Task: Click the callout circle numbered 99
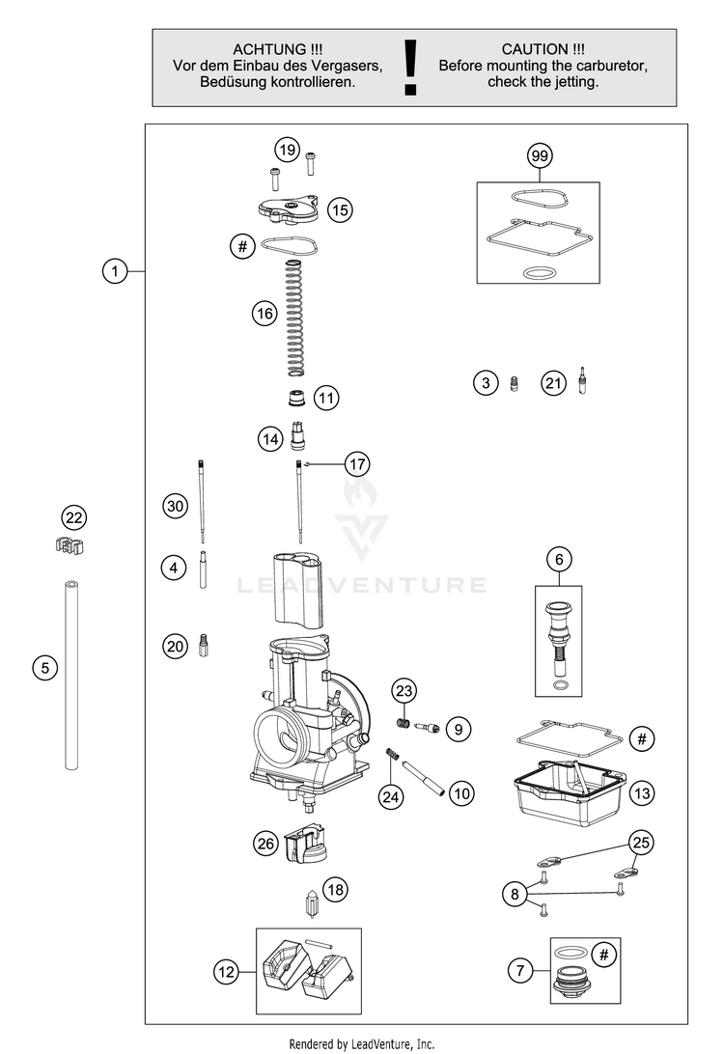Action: (x=539, y=155)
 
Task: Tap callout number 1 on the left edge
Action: (x=115, y=271)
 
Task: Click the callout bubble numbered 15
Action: (x=338, y=208)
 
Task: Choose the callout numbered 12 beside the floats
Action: (x=226, y=973)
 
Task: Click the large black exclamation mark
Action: (x=412, y=68)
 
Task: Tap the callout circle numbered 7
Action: (x=519, y=969)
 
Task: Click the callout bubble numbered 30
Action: (x=174, y=505)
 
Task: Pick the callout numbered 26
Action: (x=265, y=843)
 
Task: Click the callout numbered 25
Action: (x=640, y=843)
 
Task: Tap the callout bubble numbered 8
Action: (x=515, y=895)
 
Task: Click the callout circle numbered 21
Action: (x=552, y=384)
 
